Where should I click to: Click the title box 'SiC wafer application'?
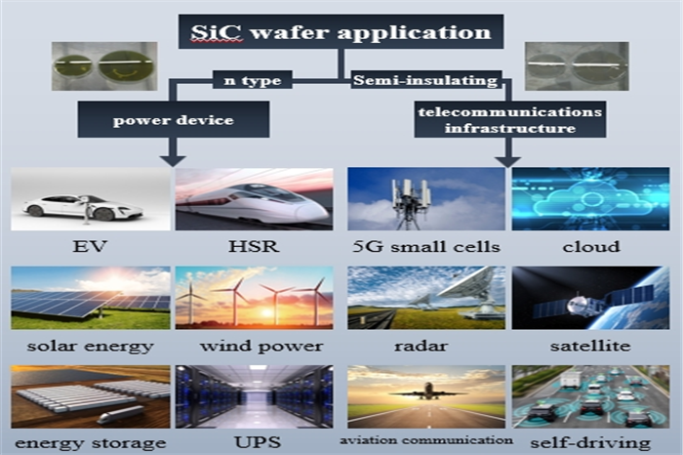point(341,31)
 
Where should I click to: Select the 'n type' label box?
point(252,80)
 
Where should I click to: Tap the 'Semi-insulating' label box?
point(426,80)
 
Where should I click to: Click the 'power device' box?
point(174,119)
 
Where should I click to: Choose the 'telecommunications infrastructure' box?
point(510,120)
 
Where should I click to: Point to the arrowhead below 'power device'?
point(174,160)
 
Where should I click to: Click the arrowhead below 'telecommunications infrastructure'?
point(508,161)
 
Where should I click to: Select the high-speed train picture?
point(255,199)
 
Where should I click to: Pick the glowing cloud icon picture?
point(590,199)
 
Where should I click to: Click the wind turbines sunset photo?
point(255,298)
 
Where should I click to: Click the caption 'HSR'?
point(254,247)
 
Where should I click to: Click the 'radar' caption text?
point(421,346)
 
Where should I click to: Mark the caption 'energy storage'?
point(91,443)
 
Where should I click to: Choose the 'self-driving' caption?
point(590,443)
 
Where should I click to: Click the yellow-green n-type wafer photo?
point(104,66)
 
